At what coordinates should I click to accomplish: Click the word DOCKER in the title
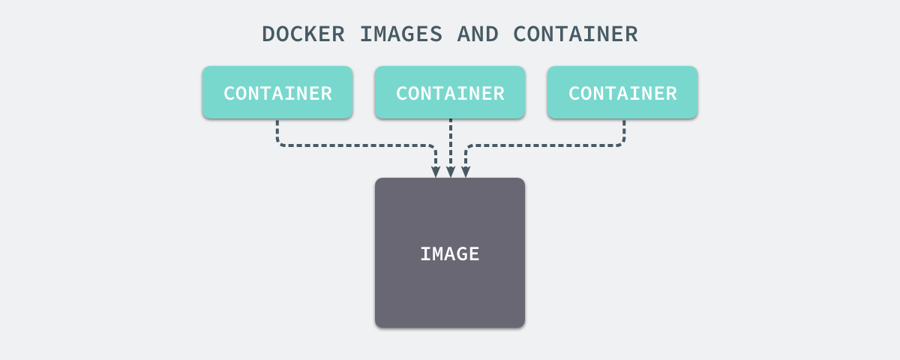[304, 34]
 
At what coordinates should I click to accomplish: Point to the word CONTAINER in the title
[575, 34]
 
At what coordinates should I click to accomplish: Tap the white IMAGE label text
[450, 253]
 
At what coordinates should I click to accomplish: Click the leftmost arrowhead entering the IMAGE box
[436, 172]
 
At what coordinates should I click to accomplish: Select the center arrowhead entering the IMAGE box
[451, 172]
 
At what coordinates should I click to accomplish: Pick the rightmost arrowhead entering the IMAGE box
[466, 172]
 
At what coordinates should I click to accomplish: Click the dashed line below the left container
[277, 131]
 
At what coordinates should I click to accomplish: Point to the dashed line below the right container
[624, 131]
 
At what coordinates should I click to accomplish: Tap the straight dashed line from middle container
[451, 142]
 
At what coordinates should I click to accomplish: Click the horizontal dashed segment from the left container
[356, 145]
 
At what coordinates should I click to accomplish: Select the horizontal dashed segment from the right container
[544, 145]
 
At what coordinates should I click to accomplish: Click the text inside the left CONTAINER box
[277, 93]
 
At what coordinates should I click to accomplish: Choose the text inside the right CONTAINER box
[622, 93]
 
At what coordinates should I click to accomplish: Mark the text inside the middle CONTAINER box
[450, 93]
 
